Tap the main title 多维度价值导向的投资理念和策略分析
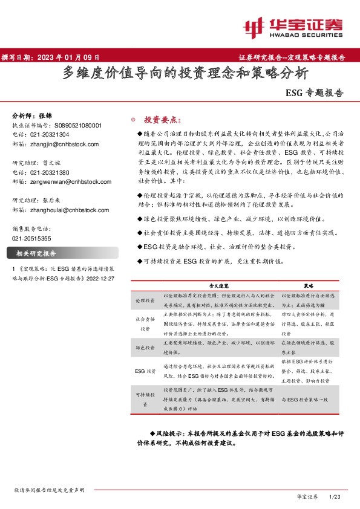pyautogui.click(x=186, y=74)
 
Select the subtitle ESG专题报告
pyautogui.click(x=314, y=94)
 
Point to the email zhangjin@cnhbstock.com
pyautogui.click(x=64, y=144)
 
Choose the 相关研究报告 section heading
pyautogui.click(x=36, y=253)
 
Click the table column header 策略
pyautogui.click(x=309, y=284)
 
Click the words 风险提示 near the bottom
pyautogui.click(x=171, y=434)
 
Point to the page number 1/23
pyautogui.click(x=335, y=496)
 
